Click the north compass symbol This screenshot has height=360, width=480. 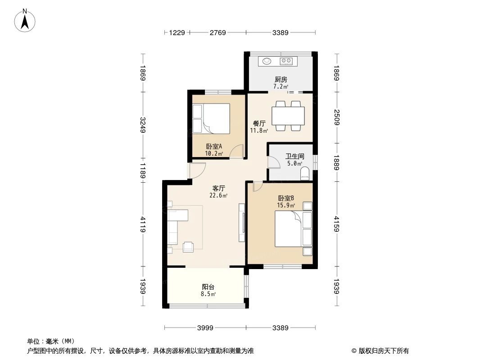[25, 20]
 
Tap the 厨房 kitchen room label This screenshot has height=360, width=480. [281, 80]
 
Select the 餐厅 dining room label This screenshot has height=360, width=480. [258, 123]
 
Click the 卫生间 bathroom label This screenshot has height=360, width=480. [295, 157]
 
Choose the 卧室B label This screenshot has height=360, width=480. [286, 198]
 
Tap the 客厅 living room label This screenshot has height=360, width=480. [218, 189]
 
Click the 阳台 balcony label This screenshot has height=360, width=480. [208, 287]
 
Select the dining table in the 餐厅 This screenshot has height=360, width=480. [288, 116]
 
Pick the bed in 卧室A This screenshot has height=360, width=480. [211, 118]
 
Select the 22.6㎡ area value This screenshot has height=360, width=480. [218, 196]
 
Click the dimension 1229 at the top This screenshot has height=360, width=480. [177, 32]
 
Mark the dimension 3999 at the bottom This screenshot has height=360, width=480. [205, 328]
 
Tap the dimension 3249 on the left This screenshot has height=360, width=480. [143, 126]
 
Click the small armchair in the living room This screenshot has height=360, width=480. [189, 246]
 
